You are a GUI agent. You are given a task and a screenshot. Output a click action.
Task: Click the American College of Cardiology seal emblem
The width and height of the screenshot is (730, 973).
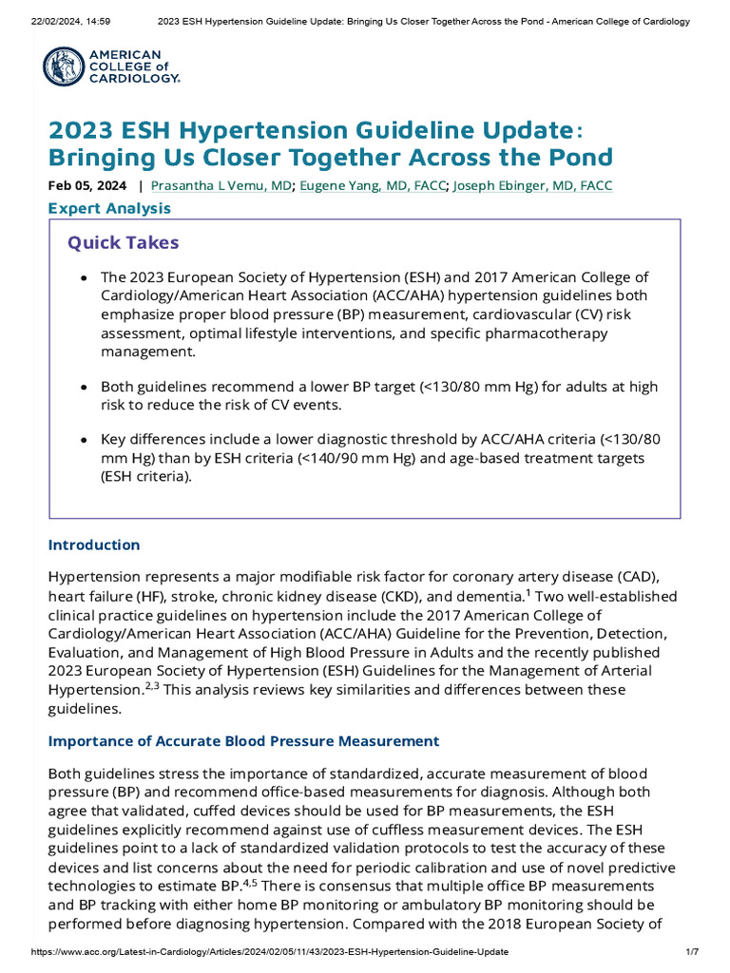coord(64,67)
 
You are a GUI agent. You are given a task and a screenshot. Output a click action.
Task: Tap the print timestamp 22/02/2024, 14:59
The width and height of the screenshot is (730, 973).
coord(53,21)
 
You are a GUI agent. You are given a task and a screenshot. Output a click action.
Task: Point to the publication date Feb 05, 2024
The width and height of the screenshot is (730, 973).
coord(88,185)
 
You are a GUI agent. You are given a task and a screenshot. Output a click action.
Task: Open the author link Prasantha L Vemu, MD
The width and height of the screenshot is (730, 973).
coord(221,185)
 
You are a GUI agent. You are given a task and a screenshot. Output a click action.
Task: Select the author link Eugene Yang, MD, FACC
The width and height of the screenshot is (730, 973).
coord(373,185)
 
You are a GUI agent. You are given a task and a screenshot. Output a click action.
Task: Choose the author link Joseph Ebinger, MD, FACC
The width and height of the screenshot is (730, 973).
coord(532,185)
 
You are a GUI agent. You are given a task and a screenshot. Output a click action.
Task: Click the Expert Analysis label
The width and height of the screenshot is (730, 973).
coord(109,208)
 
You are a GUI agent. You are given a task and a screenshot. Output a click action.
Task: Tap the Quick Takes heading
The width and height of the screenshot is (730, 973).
coord(123,242)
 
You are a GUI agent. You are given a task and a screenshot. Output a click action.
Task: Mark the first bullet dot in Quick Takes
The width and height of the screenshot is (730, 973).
coord(85,278)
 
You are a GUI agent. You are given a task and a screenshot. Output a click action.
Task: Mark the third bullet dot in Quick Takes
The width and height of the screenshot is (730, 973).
coord(85,441)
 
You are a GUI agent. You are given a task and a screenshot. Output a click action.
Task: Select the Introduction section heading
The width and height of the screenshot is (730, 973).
coord(94,545)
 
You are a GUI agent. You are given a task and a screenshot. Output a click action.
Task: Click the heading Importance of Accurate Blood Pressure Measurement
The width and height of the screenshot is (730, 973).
coord(243,741)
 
